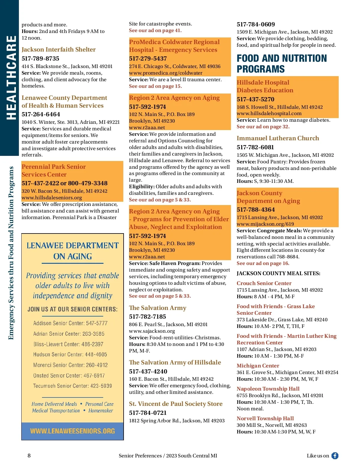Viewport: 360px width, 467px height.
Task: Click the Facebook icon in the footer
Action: pyautogui.click(x=335, y=456)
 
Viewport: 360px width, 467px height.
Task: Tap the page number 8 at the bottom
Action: pyautogui.click(x=29, y=456)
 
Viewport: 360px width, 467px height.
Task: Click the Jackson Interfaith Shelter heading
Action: pyautogui.click(x=58, y=49)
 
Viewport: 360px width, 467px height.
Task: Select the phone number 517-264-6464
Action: pyautogui.click(x=41, y=114)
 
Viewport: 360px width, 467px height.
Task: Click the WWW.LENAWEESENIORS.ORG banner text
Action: pyautogui.click(x=73, y=431)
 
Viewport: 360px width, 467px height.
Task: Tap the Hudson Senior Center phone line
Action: pyautogui.click(x=70, y=354)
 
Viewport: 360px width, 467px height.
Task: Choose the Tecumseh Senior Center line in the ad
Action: pyautogui.click(x=73, y=386)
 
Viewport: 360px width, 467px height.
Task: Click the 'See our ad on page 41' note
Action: pyautogui.click(x=155, y=30)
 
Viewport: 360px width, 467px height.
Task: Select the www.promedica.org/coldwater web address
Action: pyautogui.click(x=166, y=73)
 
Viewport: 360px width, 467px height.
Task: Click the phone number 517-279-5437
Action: pyautogui.click(x=148, y=58)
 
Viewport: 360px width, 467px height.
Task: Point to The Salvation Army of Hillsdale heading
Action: pyautogui.click(x=175, y=362)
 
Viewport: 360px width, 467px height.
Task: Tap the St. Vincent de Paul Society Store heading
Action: pyautogui.click(x=176, y=404)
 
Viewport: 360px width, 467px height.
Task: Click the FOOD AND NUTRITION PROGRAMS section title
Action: pyautogui.click(x=281, y=64)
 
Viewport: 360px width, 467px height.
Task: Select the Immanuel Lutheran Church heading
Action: pyautogui.click(x=278, y=138)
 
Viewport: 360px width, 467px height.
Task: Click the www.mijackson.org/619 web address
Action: pyautogui.click(x=265, y=224)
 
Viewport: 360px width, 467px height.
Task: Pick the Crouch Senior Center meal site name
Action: pyautogui.click(x=264, y=283)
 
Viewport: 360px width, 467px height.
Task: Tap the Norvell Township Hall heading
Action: pyautogui.click(x=265, y=418)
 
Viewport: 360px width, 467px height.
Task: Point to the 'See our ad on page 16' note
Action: pyautogui.click(x=263, y=263)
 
